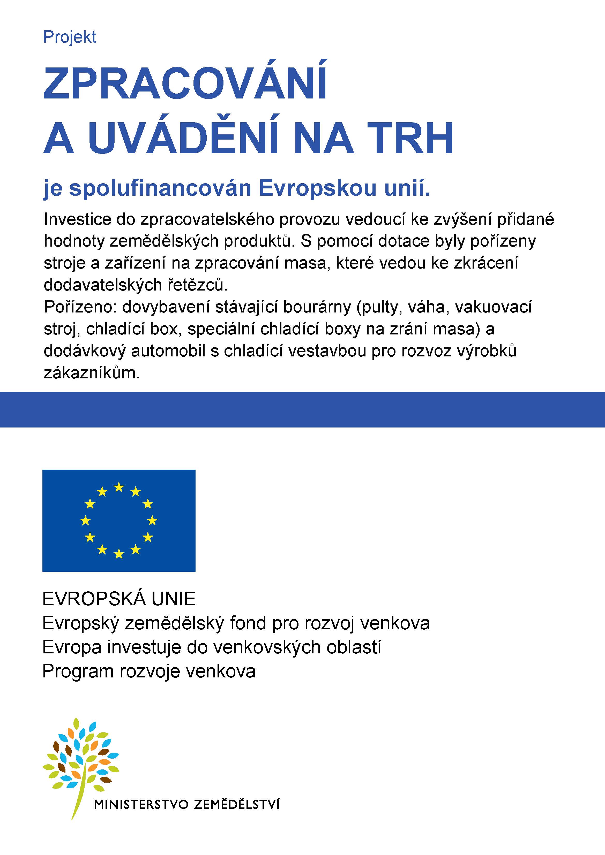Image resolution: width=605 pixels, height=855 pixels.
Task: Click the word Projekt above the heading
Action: (70, 37)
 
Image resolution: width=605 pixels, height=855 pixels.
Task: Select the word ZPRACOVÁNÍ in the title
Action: (185, 84)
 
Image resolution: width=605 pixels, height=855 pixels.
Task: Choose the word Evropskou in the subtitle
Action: (318, 188)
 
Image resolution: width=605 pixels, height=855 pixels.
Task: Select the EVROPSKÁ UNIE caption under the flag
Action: (119, 599)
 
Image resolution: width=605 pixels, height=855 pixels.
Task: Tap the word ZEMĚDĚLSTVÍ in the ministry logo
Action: (237, 805)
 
